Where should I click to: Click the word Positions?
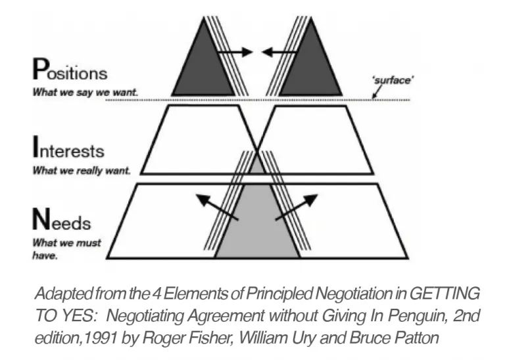pyautogui.click(x=70, y=72)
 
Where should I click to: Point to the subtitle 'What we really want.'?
pyautogui.click(x=82, y=171)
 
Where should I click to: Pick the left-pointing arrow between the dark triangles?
pyautogui.click(x=276, y=51)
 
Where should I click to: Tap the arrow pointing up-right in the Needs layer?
pyautogui.click(x=295, y=206)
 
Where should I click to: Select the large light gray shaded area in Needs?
pyautogui.click(x=256, y=227)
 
